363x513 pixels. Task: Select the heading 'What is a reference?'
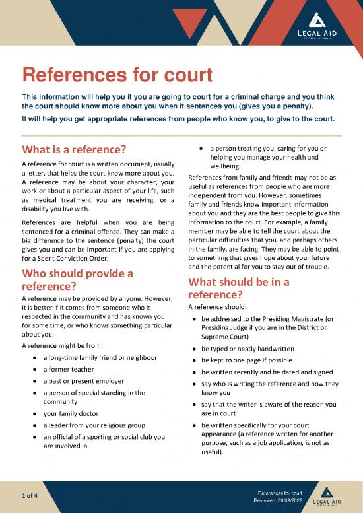pos(74,147)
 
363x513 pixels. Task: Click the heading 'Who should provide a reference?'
pos(78,281)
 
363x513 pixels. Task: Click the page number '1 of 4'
pos(29,496)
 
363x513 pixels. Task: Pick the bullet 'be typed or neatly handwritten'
pos(257,349)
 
